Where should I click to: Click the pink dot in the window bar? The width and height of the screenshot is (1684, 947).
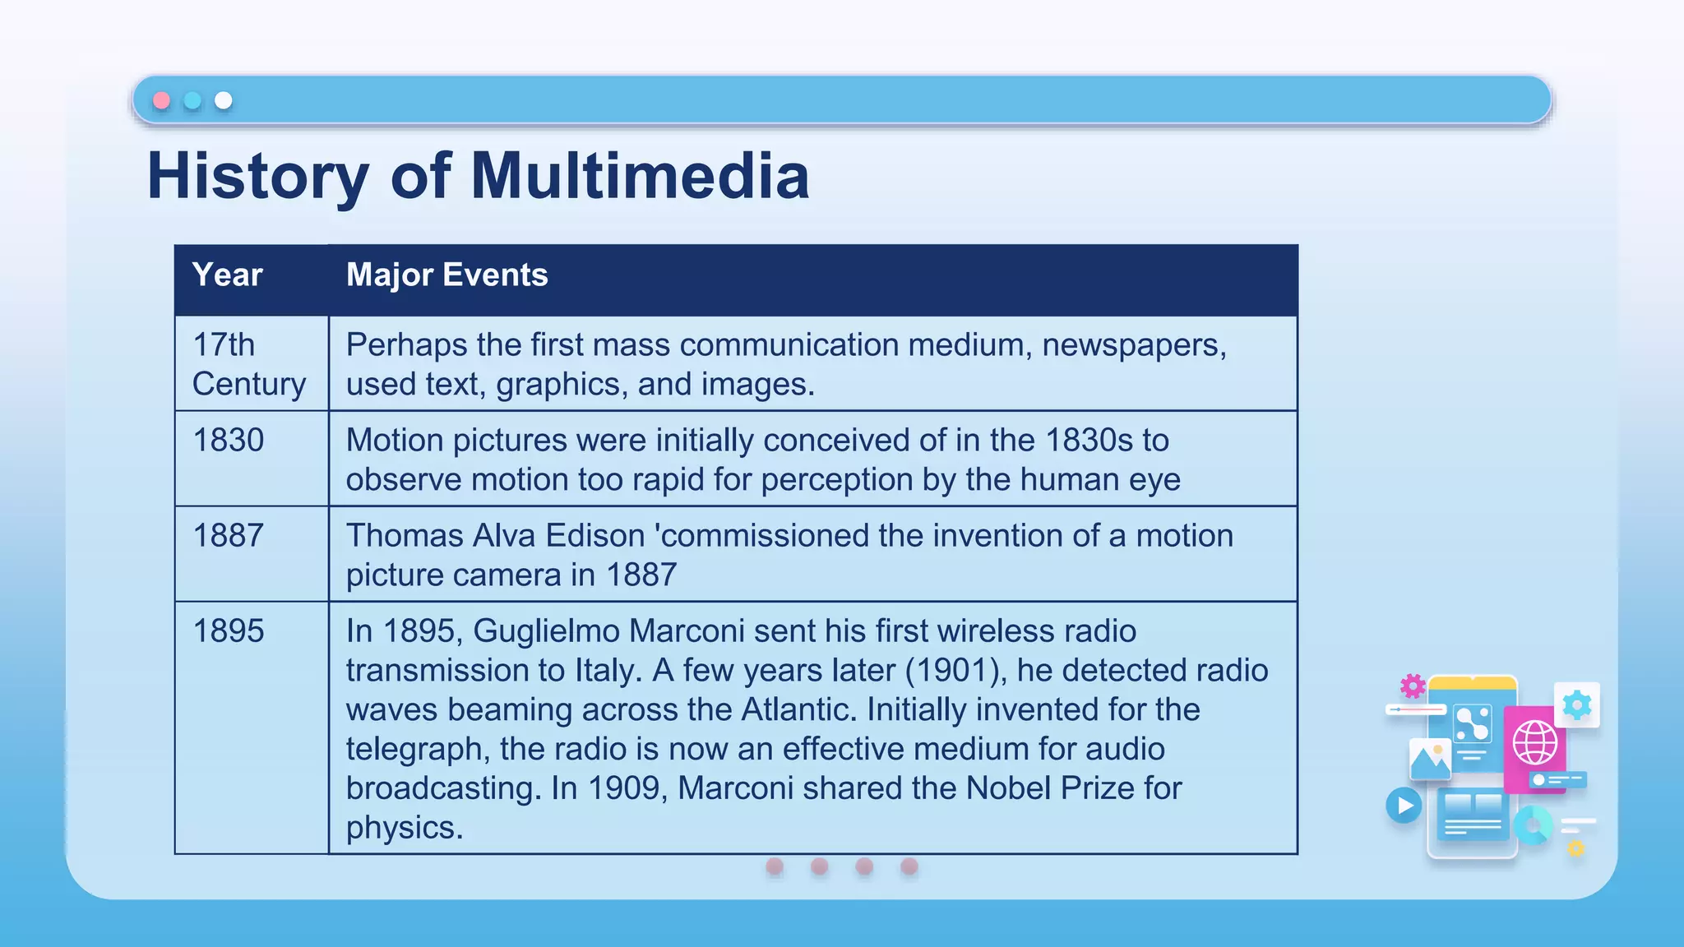162,100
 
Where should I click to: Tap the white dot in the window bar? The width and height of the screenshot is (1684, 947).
224,100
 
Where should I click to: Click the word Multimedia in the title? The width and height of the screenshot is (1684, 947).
640,176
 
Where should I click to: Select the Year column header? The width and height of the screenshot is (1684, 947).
227,275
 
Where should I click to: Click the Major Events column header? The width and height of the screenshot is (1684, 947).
446,275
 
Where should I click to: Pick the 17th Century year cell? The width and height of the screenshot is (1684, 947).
248,364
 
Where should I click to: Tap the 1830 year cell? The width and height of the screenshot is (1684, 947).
228,441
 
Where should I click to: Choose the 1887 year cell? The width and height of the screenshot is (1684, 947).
228,536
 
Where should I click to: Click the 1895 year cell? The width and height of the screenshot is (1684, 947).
228,631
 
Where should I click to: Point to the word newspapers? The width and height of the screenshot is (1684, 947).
1134,345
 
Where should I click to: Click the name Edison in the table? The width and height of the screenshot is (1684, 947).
594,536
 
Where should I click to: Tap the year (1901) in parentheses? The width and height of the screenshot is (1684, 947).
955,671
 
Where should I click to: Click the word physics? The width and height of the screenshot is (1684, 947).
404,828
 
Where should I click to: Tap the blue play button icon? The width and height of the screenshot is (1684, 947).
1404,806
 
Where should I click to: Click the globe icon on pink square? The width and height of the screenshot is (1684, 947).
1534,742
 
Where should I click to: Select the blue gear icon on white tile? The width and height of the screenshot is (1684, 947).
1577,705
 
